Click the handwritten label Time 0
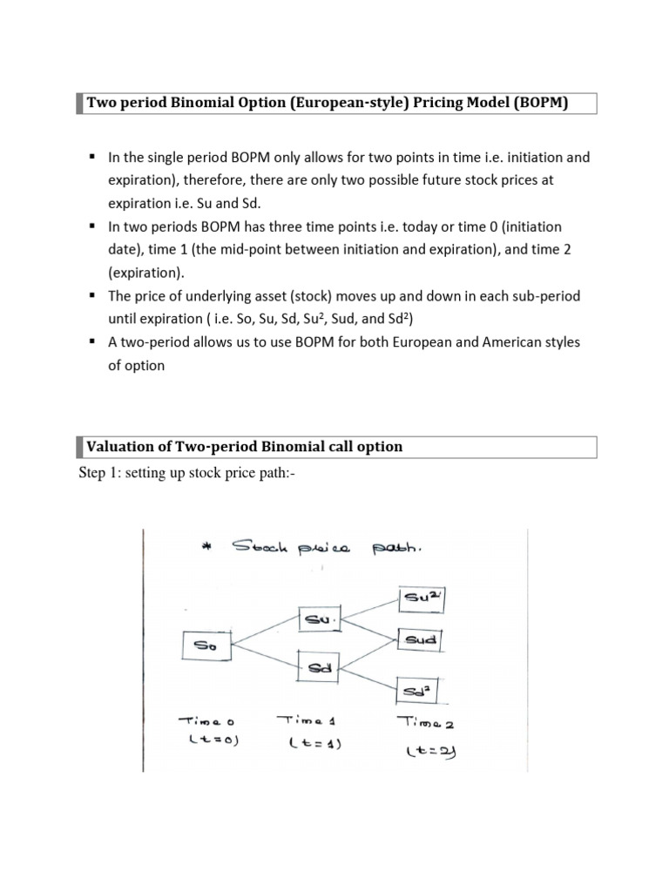210,722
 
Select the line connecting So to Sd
264,657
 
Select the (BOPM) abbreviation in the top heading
540,104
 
